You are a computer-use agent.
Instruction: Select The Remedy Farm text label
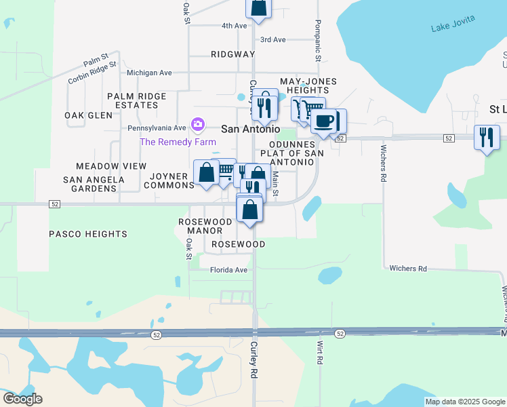click(x=178, y=142)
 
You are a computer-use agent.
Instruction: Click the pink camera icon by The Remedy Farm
click(x=198, y=123)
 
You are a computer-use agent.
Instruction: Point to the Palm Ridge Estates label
click(x=136, y=100)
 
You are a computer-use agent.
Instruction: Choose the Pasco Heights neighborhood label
click(x=88, y=234)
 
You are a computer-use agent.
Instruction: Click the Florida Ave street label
click(x=228, y=269)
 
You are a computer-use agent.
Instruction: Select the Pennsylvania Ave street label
click(x=157, y=128)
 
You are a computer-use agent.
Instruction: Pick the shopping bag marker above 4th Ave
click(x=258, y=7)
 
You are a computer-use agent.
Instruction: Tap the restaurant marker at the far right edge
click(x=487, y=137)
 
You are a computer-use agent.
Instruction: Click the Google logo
click(x=22, y=399)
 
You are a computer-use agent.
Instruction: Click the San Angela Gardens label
click(x=94, y=184)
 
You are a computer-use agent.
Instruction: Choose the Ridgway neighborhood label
click(x=232, y=54)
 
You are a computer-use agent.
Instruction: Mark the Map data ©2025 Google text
click(x=464, y=402)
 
